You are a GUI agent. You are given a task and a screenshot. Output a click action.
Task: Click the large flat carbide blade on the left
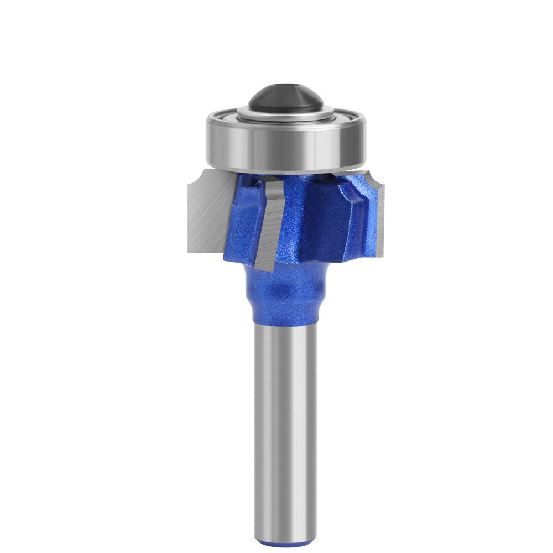[207, 213]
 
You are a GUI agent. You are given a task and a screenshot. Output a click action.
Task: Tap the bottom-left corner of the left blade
[189, 248]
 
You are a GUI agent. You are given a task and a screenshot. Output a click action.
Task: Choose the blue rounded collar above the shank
[285, 293]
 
